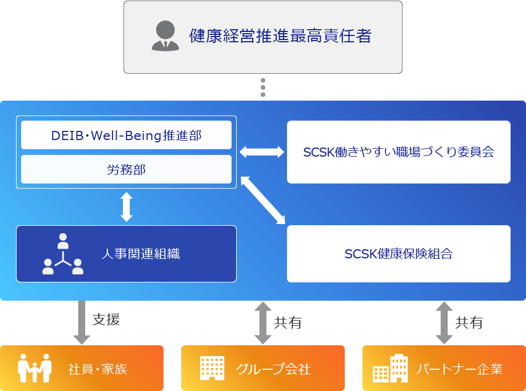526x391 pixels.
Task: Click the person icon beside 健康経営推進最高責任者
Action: pyautogui.click(x=165, y=36)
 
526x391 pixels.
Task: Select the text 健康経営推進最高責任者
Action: pyautogui.click(x=280, y=36)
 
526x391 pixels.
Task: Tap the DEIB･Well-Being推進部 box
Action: pyautogui.click(x=126, y=135)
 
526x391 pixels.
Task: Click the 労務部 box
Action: pyautogui.click(x=126, y=169)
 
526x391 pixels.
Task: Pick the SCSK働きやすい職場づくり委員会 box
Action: pyautogui.click(x=399, y=152)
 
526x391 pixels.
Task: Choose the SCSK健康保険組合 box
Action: pyautogui.click(x=399, y=254)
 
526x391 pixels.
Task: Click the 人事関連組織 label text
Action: pyautogui.click(x=141, y=254)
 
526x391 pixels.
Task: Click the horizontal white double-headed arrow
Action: pyautogui.click(x=261, y=151)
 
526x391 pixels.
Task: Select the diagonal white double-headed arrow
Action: pyautogui.click(x=262, y=200)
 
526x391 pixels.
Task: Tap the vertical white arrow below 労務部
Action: pyautogui.click(x=126, y=206)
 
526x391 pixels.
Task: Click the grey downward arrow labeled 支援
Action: pyautogui.click(x=82, y=322)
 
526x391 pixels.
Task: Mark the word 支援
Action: pyautogui.click(x=106, y=320)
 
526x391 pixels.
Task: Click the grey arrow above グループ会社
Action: pyautogui.click(x=262, y=323)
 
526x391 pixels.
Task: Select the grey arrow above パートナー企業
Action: pyautogui.click(x=444, y=323)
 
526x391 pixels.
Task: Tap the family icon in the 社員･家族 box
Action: pyautogui.click(x=35, y=369)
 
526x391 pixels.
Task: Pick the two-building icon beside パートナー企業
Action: pyautogui.click(x=390, y=369)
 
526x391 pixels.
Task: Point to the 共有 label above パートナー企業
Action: pyautogui.click(x=469, y=323)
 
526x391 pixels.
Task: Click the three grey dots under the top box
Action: pyautogui.click(x=263, y=87)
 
